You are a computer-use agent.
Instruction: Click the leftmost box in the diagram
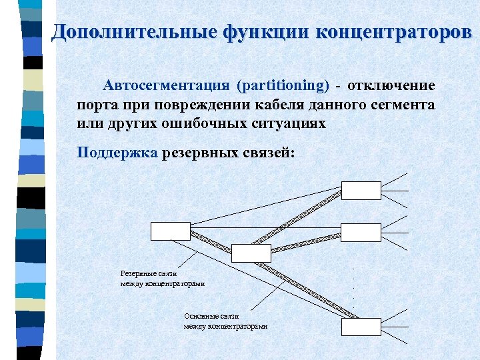[x=171, y=231]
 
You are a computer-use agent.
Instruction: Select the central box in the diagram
[x=251, y=253]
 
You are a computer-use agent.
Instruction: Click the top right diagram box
[x=361, y=191]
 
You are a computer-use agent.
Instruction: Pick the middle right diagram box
[x=361, y=232]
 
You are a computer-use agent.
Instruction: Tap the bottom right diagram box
[x=361, y=327]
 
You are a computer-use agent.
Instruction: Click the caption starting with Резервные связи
[x=163, y=279]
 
